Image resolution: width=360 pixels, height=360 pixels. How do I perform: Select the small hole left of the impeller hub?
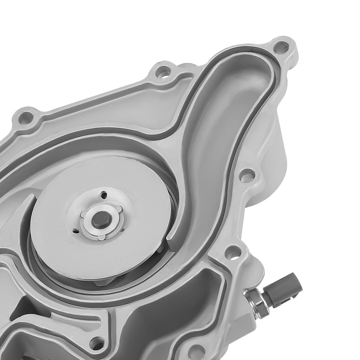coord(75,230)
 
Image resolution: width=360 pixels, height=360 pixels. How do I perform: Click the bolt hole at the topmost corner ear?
coord(281,47)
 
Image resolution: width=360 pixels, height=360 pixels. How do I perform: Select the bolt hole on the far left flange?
coord(25,118)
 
